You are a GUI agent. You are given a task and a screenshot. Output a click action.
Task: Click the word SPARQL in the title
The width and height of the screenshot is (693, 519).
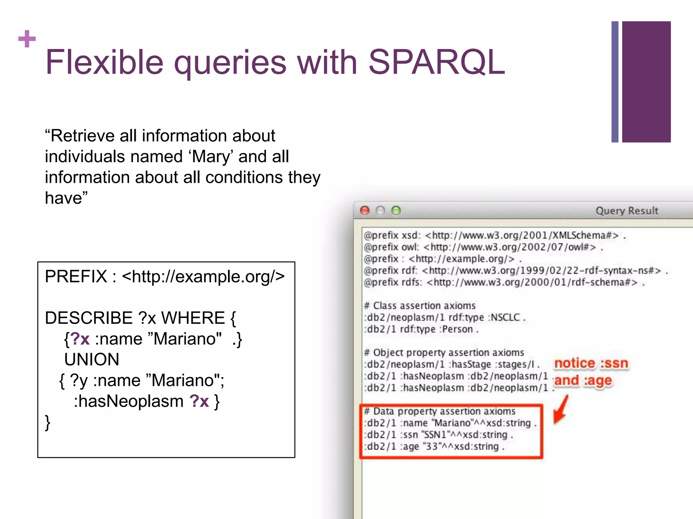tap(437, 62)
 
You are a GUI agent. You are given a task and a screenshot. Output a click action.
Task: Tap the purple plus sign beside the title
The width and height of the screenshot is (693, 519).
tap(27, 39)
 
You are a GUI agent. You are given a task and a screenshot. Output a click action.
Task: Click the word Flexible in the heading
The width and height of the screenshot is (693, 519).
tap(104, 62)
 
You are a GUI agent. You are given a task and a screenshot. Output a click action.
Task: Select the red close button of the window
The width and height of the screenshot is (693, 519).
tap(365, 211)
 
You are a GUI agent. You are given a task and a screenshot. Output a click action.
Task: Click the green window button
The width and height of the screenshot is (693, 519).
tap(396, 211)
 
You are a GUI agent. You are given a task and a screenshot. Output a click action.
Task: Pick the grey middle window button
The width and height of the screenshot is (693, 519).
tap(380, 211)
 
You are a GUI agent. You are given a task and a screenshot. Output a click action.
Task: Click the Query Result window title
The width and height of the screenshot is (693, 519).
tap(627, 211)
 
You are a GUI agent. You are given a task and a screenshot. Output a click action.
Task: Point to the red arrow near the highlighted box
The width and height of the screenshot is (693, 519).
tap(561, 410)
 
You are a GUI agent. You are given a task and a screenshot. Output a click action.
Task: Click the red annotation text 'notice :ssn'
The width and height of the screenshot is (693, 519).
tap(591, 363)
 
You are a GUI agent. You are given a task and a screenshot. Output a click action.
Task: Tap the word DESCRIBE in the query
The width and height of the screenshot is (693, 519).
tap(89, 318)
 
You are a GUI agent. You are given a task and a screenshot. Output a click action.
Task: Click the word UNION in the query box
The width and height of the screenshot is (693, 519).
tap(92, 359)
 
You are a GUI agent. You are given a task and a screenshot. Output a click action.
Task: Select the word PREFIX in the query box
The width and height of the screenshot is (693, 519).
tap(76, 276)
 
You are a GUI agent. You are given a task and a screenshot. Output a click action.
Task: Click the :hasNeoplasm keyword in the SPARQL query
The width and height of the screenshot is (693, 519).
tap(129, 401)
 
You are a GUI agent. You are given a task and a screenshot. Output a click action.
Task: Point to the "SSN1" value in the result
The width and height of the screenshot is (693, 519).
tap(437, 435)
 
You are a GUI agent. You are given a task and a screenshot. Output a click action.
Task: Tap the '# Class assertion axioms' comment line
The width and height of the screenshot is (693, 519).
tap(420, 306)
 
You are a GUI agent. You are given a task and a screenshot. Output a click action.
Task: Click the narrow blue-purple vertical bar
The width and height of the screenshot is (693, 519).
tap(615, 82)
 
